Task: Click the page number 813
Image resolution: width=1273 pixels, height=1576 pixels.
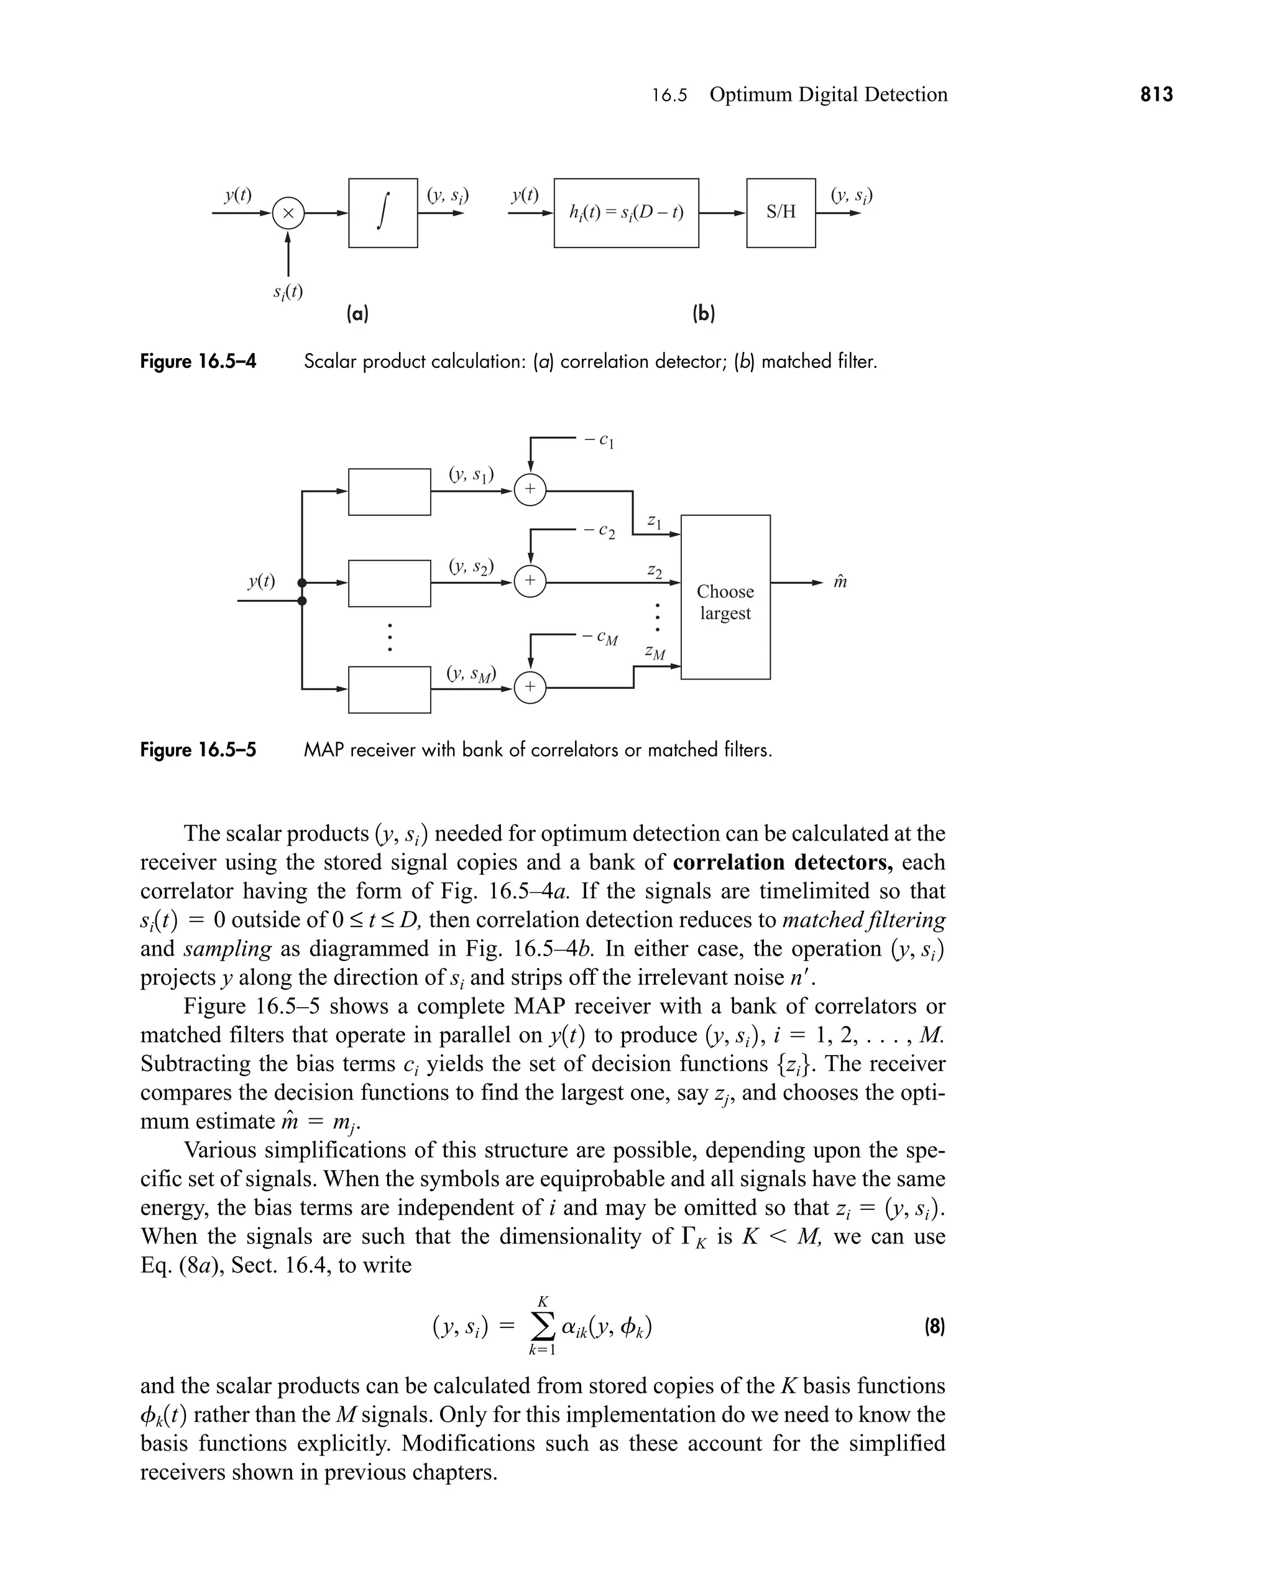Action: pyautogui.click(x=1156, y=94)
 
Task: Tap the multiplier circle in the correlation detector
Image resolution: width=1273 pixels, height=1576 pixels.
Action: pyautogui.click(x=288, y=213)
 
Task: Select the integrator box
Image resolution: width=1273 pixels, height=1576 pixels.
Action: pyautogui.click(x=383, y=213)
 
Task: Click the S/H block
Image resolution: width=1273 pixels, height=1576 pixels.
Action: pyautogui.click(x=781, y=213)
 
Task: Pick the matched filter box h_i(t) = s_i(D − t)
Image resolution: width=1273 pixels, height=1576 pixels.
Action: pyautogui.click(x=626, y=213)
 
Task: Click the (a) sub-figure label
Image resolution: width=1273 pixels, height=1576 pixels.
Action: pyautogui.click(x=358, y=314)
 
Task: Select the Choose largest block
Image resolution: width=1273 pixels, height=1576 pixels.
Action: pyautogui.click(x=725, y=597)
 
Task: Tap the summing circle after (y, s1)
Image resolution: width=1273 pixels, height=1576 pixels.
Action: pyautogui.click(x=530, y=490)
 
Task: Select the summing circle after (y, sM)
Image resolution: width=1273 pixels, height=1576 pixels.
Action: pyautogui.click(x=530, y=688)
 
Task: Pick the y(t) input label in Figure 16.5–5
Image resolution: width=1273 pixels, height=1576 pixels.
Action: pyautogui.click(x=261, y=581)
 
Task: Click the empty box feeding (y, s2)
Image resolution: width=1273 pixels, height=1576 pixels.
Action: pyautogui.click(x=389, y=583)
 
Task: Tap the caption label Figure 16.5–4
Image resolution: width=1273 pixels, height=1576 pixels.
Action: pyautogui.click(x=198, y=362)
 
